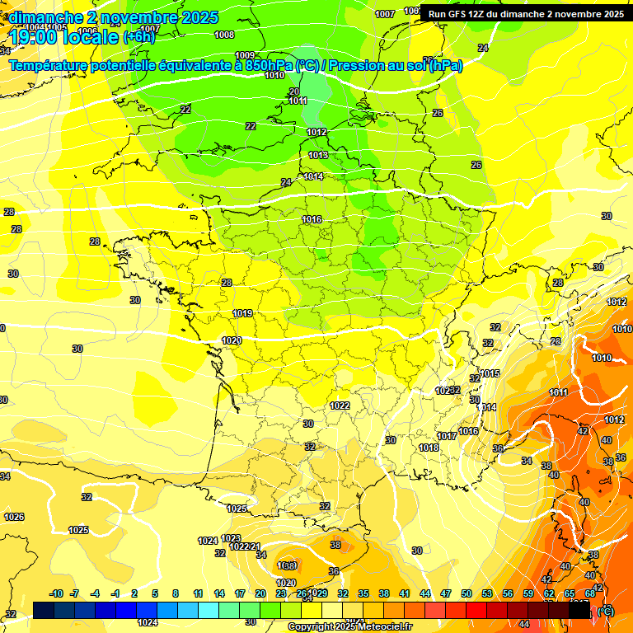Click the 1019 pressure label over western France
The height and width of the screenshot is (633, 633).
(242, 313)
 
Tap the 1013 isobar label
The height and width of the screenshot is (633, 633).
(318, 155)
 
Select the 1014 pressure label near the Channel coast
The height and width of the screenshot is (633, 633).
(313, 176)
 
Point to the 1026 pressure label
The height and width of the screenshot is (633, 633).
(14, 517)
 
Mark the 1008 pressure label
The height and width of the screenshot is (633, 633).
(223, 35)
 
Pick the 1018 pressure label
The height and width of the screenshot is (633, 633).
(429, 448)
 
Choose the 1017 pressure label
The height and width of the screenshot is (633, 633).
(448, 436)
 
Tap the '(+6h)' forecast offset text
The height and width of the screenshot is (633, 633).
(138, 37)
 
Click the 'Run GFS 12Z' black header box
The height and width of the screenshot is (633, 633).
(526, 14)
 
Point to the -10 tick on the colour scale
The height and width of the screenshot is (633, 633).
(56, 593)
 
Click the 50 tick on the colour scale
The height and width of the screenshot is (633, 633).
(466, 593)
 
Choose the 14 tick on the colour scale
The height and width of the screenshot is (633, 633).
(219, 593)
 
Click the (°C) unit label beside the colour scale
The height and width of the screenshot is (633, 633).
(605, 611)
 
